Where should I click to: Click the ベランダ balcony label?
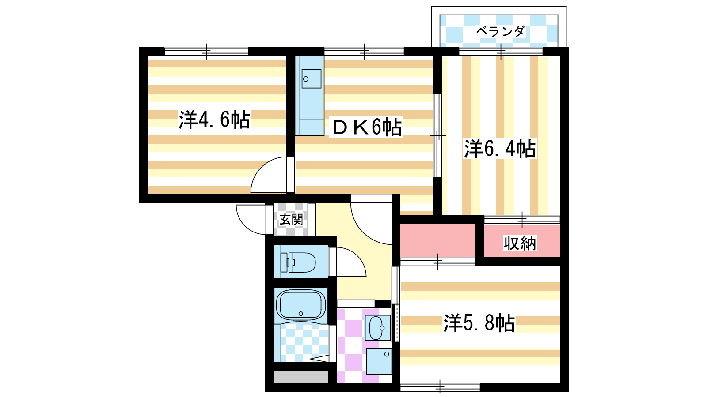tap(500, 31)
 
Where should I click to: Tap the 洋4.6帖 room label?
tap(214, 120)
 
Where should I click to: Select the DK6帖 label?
tap(366, 127)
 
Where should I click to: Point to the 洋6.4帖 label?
tap(500, 149)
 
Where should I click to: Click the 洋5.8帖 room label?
tap(479, 323)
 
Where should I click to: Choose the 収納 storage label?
tap(520, 243)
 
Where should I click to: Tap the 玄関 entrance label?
tap(291, 219)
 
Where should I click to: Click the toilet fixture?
tap(300, 262)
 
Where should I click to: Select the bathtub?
tap(301, 305)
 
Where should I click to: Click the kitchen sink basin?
tap(311, 79)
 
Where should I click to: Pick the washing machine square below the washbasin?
tap(379, 361)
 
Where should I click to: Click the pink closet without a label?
tap(437, 240)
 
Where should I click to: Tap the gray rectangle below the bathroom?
tap(301, 377)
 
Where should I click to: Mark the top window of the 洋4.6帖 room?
tap(206, 52)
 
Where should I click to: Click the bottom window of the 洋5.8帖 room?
tap(440, 387)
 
